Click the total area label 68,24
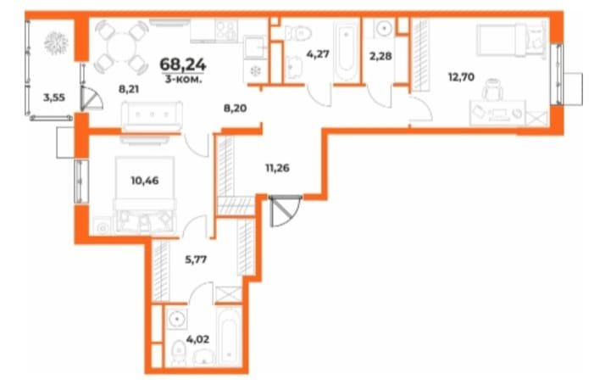(x=183, y=64)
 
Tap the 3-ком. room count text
(x=183, y=79)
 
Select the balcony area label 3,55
(x=54, y=98)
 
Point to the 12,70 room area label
(x=462, y=77)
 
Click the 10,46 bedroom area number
(x=145, y=181)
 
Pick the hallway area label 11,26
(x=277, y=168)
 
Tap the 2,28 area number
(x=380, y=56)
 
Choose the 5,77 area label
(x=196, y=260)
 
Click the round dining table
(x=121, y=47)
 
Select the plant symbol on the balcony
(x=56, y=42)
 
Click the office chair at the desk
(x=493, y=90)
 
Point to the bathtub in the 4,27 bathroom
(x=346, y=53)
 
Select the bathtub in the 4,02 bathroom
(x=229, y=338)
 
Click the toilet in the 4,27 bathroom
(x=297, y=32)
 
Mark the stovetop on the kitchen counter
(x=226, y=30)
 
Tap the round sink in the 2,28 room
(x=384, y=28)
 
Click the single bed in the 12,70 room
(x=512, y=40)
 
